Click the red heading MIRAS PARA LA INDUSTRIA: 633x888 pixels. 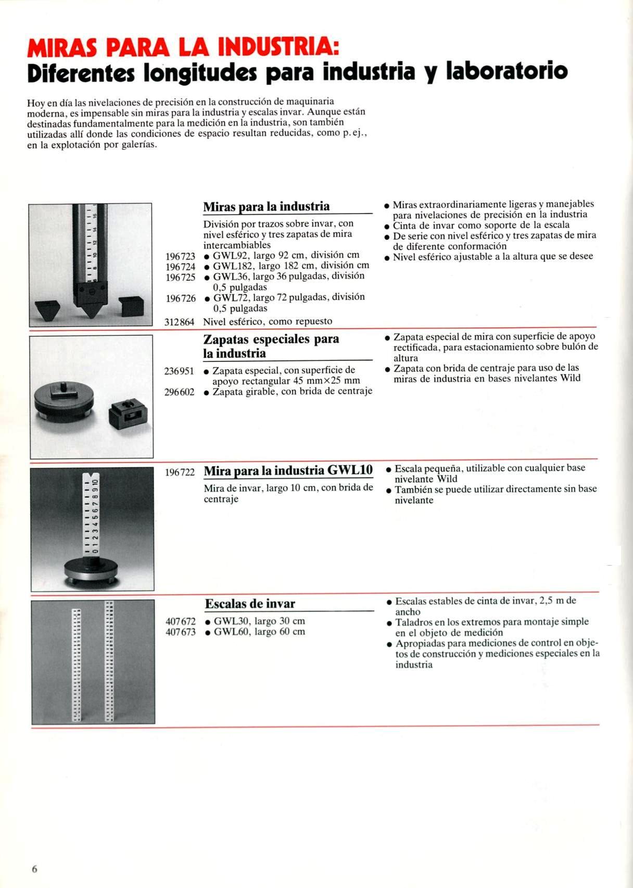click(183, 49)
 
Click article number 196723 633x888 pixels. click(180, 256)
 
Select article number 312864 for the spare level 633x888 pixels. click(180, 322)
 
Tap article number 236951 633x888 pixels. click(180, 371)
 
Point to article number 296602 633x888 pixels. click(180, 392)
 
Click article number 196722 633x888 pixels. click(180, 472)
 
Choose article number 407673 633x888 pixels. click(181, 632)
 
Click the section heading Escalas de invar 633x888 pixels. click(250, 604)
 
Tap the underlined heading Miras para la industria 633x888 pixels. click(266, 207)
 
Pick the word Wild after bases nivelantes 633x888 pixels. click(570, 379)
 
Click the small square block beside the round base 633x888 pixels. click(128, 415)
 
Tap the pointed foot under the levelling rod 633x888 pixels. click(92, 305)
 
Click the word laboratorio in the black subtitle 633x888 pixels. click(508, 71)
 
